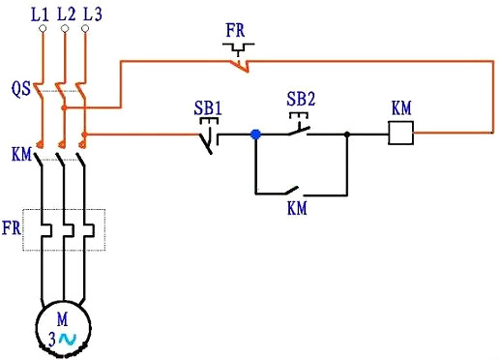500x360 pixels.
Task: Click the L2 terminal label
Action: tap(66, 14)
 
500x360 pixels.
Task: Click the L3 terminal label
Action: tap(91, 14)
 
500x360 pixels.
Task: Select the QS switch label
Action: tap(20, 89)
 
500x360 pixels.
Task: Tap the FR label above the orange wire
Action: tap(235, 29)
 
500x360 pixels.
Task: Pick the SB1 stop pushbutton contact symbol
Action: tap(209, 139)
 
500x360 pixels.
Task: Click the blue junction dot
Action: tap(255, 135)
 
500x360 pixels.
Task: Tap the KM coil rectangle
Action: tap(400, 134)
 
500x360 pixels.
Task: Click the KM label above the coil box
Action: tap(401, 106)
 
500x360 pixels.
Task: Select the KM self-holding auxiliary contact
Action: tap(300, 190)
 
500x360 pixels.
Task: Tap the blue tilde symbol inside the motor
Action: tap(67, 339)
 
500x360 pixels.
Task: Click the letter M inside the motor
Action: tap(64, 318)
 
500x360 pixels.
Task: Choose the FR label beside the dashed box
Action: tap(12, 230)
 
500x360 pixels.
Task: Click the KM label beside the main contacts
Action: tap(21, 154)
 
